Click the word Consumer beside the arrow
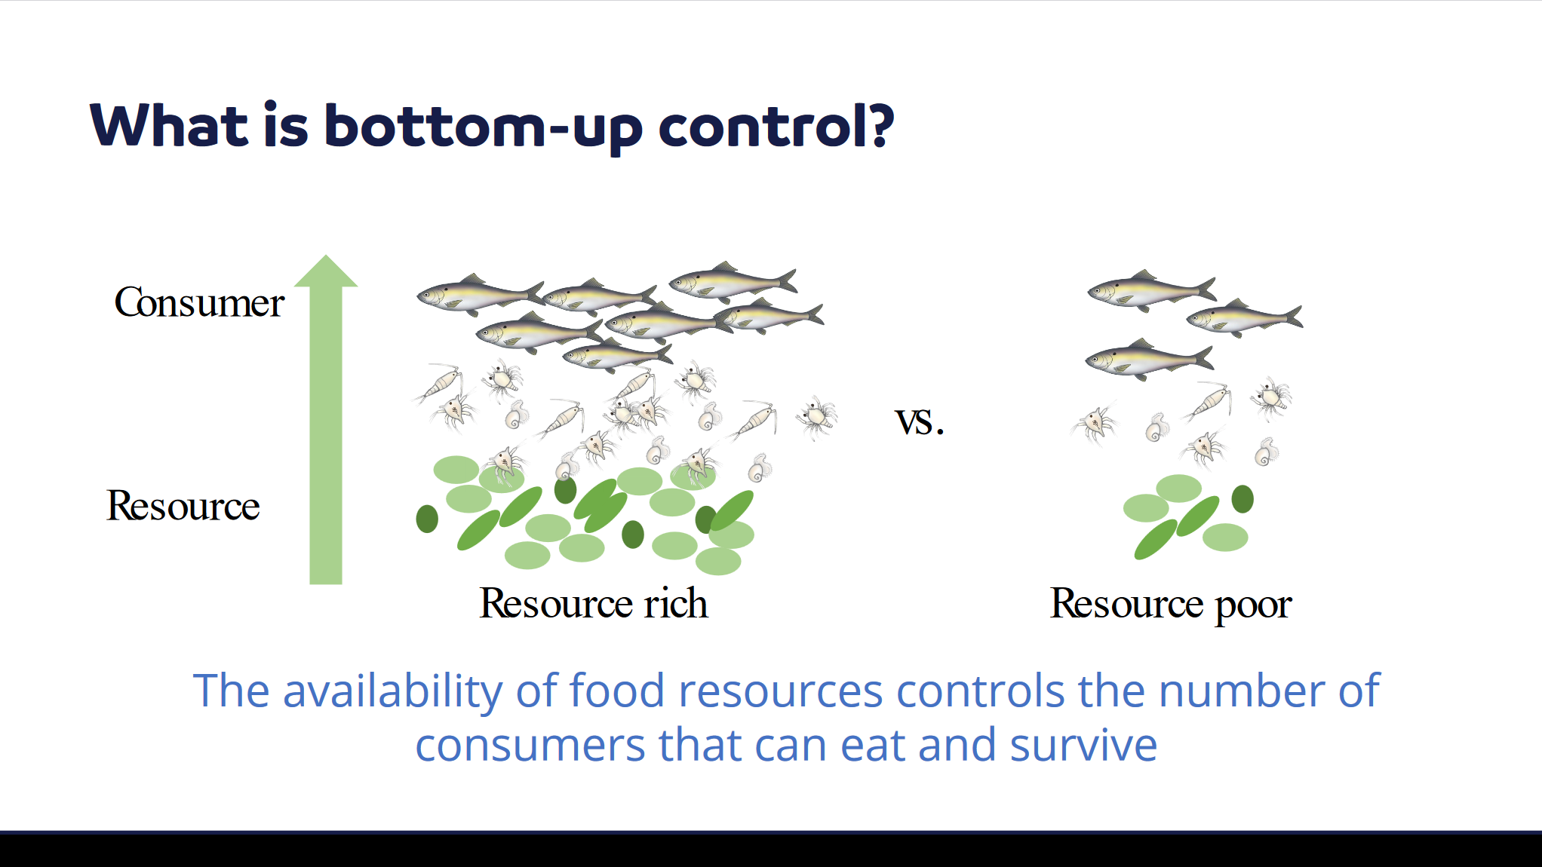(199, 303)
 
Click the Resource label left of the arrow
(183, 505)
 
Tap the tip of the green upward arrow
(326, 256)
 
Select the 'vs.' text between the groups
(920, 421)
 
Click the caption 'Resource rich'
(594, 603)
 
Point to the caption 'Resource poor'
(1171, 604)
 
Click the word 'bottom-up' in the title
(483, 126)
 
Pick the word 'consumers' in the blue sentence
(530, 746)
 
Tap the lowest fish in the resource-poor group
(1149, 360)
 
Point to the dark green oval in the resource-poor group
(1243, 499)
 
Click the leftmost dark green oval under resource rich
(427, 519)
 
